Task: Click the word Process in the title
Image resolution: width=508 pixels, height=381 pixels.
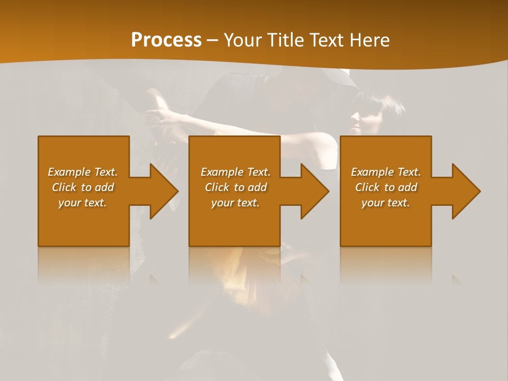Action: point(166,40)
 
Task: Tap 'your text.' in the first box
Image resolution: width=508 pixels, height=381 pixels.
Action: point(83,203)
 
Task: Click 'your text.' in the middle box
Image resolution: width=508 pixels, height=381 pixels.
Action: point(235,203)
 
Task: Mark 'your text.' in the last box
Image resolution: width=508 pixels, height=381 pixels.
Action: point(386,203)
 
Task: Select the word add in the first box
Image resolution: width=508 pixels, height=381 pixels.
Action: point(104,187)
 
